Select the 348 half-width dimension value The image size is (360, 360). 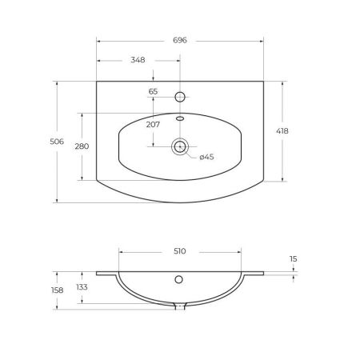pos(138,60)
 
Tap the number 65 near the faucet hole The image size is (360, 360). pos(153,92)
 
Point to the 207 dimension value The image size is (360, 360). pos(153,124)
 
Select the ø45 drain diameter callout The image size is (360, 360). pos(206,158)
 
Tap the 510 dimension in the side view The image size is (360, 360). pos(179,251)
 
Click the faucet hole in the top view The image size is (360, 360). pos(180,97)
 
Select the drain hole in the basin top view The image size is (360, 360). pos(180,146)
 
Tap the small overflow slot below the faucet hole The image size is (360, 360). pos(180,118)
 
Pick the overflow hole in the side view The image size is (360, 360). pos(180,280)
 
